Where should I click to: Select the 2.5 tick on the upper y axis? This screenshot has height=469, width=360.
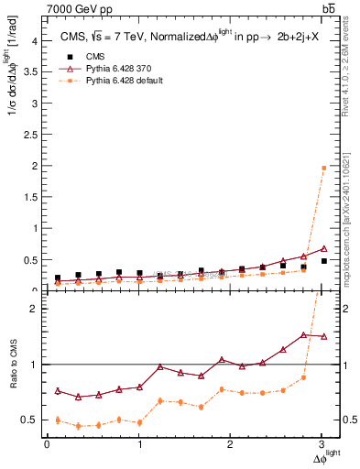[x=31, y=135]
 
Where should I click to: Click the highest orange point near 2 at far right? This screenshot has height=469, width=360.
[x=323, y=168]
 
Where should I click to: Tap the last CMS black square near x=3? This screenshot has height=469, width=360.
[x=323, y=261]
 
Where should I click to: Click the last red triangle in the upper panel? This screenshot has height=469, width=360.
[x=323, y=248]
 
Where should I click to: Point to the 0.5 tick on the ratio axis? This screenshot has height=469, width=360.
[x=31, y=420]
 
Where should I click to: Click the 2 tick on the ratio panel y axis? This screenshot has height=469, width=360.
[x=35, y=309]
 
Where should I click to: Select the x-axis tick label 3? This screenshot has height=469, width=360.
[x=322, y=444]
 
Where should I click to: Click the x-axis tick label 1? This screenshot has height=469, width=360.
[x=139, y=444]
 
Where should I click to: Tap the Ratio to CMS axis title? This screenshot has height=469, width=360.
[x=13, y=377]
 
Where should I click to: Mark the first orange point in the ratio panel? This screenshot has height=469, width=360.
[x=58, y=420]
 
